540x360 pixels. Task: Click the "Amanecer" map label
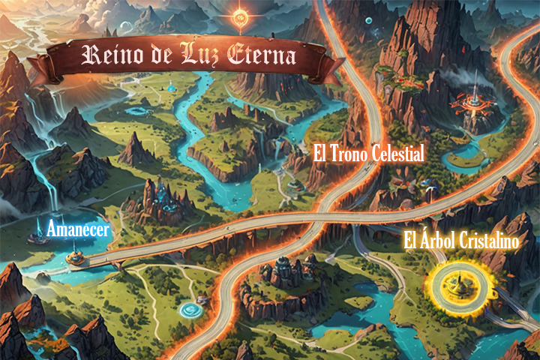point(78,229)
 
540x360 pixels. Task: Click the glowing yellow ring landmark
point(455,283)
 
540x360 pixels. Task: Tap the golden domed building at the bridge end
point(73,258)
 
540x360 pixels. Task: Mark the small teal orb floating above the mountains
point(369,21)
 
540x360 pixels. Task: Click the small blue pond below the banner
point(170,88)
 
